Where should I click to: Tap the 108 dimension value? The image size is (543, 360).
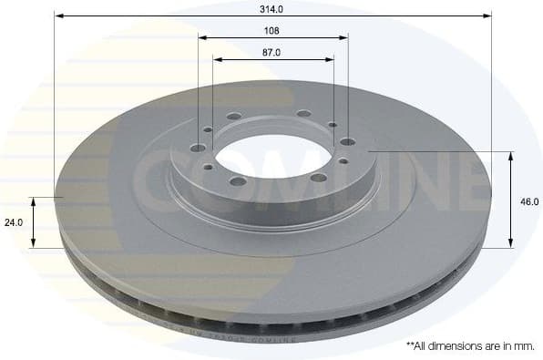pyautogui.click(x=272, y=30)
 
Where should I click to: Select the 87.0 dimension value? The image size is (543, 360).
pyautogui.click(x=272, y=52)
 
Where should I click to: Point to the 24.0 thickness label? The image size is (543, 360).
pyautogui.click(x=13, y=221)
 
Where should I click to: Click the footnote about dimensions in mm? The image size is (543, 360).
pyautogui.click(x=469, y=346)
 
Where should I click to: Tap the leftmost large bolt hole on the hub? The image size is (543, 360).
pyautogui.click(x=198, y=148)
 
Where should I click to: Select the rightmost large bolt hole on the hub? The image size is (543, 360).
pyautogui.click(x=346, y=141)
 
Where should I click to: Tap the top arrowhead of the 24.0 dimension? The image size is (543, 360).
pyautogui.click(x=35, y=201)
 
